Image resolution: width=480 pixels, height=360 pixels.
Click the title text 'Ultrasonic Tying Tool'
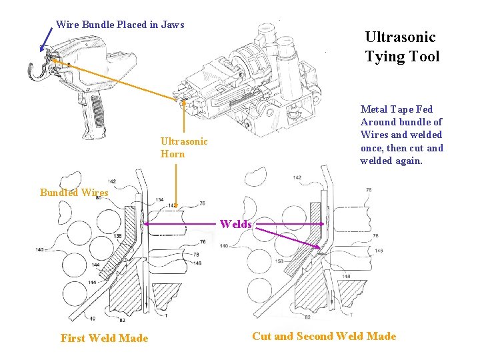point(402,47)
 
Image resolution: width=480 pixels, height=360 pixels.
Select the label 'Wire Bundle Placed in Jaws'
point(120,25)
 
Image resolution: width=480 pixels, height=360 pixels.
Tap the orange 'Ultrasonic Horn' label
point(184,147)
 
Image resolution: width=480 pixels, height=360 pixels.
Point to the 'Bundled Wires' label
point(73,193)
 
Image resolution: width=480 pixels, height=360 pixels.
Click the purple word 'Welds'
point(236,224)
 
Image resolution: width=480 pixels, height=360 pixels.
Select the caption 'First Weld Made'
point(104,338)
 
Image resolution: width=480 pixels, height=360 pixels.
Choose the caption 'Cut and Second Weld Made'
point(324,336)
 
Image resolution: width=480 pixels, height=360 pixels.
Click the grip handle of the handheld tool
point(96,110)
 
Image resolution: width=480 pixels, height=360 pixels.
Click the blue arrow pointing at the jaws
point(46,39)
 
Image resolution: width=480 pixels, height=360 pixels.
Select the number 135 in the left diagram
point(117,237)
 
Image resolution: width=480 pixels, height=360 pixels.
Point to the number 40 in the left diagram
point(91,318)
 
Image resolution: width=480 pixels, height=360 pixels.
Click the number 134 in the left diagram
point(159,199)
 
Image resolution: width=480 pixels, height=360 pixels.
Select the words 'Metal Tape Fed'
point(396,109)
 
